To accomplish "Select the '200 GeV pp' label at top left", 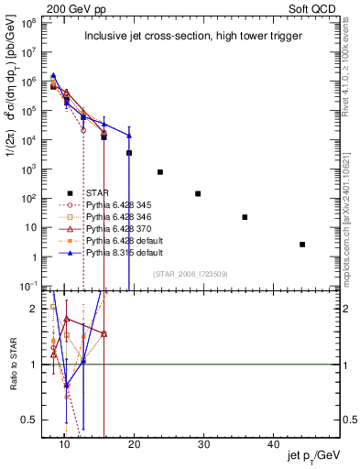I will click(75, 7).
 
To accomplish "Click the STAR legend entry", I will click(96, 193).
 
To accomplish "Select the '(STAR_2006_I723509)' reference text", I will click(190, 274).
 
